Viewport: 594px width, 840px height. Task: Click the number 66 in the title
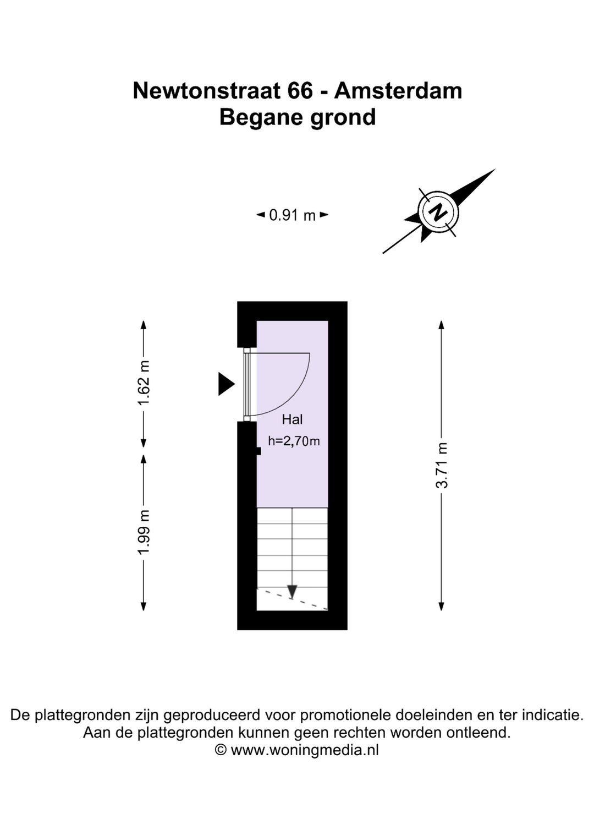(x=300, y=91)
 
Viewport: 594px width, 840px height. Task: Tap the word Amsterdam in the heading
(x=398, y=91)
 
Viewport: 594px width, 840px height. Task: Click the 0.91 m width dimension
(x=292, y=215)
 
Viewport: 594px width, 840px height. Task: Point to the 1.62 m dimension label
(x=144, y=383)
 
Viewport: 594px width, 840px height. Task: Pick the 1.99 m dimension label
(x=144, y=532)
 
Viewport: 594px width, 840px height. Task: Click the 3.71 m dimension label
(x=442, y=465)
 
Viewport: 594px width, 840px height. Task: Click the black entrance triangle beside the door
(x=226, y=384)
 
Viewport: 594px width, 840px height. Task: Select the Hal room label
(x=292, y=419)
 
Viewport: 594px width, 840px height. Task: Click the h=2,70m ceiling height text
(x=294, y=441)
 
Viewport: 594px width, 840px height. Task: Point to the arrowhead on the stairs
(x=292, y=591)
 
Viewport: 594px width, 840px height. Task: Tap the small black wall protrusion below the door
(x=258, y=451)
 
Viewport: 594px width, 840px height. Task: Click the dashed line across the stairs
(x=292, y=599)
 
